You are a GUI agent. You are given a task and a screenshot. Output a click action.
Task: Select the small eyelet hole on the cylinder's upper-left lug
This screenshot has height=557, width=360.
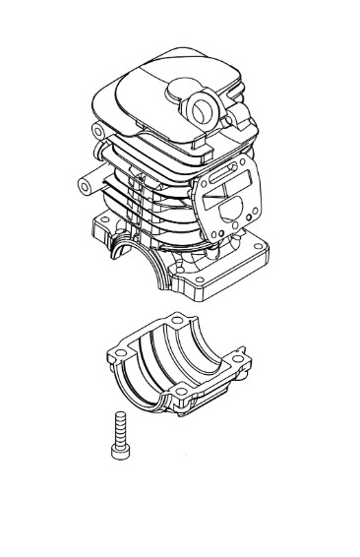[98, 130]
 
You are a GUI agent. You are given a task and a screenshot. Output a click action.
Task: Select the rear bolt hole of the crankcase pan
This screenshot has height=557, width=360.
[176, 321]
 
